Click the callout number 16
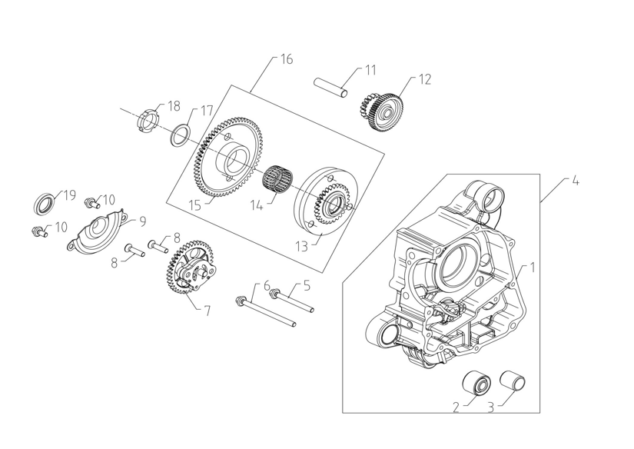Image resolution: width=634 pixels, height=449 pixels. pos(286,59)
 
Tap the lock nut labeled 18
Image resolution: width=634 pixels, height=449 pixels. pos(148,121)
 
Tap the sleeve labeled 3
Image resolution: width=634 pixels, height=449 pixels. pos(511,381)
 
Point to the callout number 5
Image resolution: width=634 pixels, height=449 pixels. pos(306,286)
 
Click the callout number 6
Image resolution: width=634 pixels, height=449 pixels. pos(267,285)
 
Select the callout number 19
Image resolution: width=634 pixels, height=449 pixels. pos(68,195)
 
